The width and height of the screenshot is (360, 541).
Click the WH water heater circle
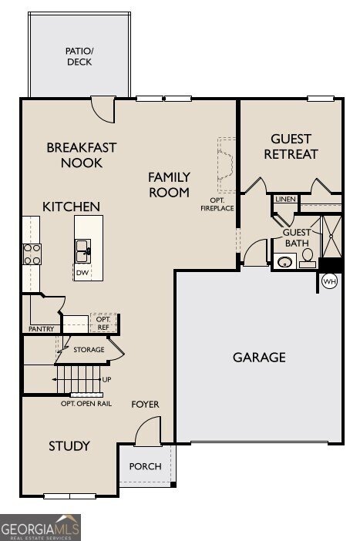pos(329,281)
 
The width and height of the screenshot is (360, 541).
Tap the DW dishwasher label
pos(82,273)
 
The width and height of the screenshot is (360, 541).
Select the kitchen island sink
pos(83,250)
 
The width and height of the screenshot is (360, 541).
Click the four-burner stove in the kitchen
pos(32,254)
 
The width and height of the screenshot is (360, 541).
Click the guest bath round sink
pos(284,260)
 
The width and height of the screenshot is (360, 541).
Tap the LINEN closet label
pos(285,199)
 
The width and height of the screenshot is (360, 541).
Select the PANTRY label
pos(41,329)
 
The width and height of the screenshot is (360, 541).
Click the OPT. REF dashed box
pos(103,323)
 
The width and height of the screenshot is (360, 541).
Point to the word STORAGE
pos(89,350)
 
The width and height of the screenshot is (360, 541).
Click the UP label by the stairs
pos(107,379)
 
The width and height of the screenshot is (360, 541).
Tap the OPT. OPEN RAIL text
pos(86,403)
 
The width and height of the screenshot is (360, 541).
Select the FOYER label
pos(145,405)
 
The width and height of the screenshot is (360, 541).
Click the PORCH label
pos(146,466)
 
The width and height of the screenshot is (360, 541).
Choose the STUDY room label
pos(69,446)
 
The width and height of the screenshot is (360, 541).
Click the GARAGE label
pos(259,358)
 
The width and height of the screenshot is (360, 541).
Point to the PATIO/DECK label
pos(79,56)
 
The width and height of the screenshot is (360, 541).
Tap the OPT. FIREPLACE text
pos(217,204)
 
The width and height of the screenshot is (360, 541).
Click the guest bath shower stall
pos(331,237)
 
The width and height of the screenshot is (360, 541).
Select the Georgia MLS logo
pos(40,527)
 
